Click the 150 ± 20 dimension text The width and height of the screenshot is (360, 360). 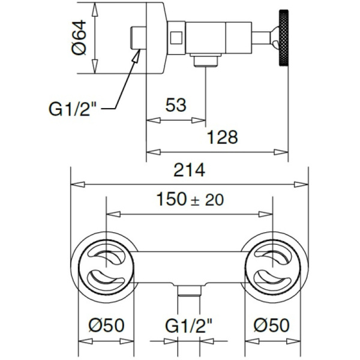tap(189, 200)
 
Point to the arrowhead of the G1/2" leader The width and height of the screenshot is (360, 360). tap(137, 54)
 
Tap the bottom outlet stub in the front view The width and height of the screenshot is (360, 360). tap(188, 295)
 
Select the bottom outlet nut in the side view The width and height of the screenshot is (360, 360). tap(205, 61)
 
